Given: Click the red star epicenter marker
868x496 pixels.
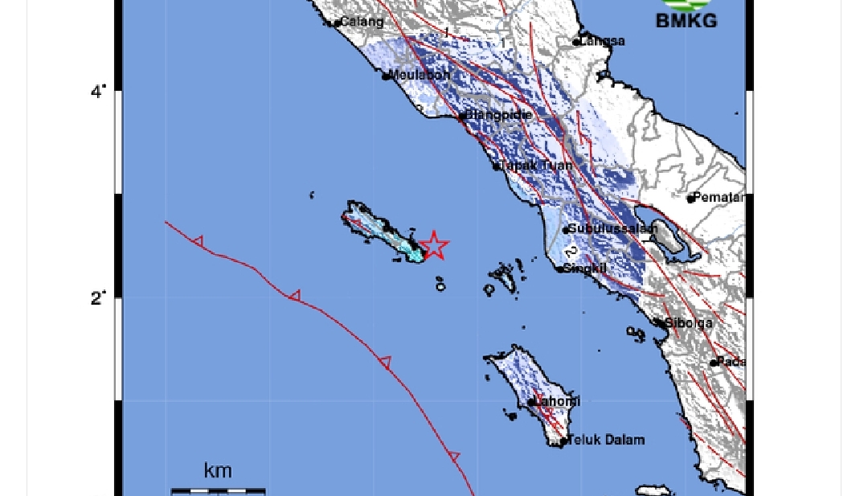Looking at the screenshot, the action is [x=434, y=245].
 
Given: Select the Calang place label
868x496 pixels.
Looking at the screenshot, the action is [x=362, y=22].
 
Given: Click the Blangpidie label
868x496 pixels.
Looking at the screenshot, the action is [x=499, y=115].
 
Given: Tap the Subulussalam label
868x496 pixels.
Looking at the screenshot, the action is [x=613, y=228].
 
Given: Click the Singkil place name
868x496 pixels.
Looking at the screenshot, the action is [x=585, y=268].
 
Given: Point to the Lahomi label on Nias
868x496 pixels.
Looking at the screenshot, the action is [x=558, y=401].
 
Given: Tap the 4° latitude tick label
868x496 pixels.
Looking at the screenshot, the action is [x=98, y=92].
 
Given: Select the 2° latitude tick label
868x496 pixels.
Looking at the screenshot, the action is [x=98, y=298].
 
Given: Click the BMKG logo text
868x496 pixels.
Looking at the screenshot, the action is [x=686, y=21].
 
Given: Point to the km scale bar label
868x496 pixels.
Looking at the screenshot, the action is [x=218, y=470].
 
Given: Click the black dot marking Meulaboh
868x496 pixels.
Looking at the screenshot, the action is [x=387, y=76].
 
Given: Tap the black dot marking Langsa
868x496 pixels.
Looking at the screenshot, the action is [x=576, y=42].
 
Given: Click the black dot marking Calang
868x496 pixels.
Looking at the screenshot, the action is [x=337, y=23].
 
